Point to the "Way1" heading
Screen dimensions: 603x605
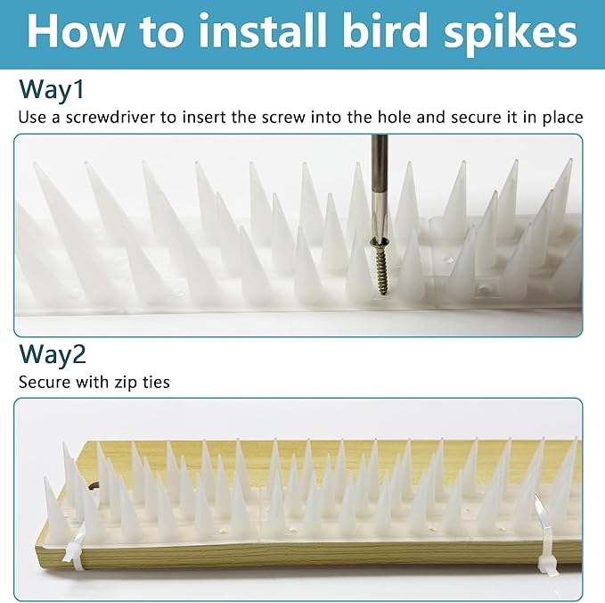(52, 89)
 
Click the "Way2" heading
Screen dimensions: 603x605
(53, 354)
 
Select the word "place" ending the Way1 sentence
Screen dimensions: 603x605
(562, 117)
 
